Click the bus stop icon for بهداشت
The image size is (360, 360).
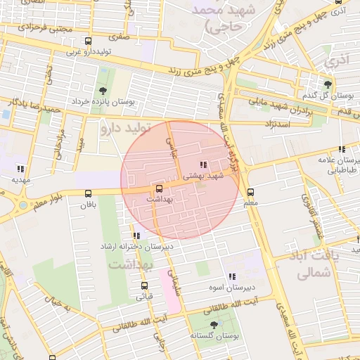pos(159,188)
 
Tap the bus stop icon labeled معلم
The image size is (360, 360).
pos(250,192)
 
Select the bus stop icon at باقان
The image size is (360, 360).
pos(87,195)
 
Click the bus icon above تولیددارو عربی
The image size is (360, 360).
pos(87,41)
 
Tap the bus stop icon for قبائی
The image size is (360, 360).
pos(145,285)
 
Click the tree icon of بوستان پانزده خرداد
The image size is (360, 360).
pos(103,91)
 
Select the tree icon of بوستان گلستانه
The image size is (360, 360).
pos(214,325)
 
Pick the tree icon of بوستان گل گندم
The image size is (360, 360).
pos(326,84)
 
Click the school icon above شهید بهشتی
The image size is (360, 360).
pos(203,165)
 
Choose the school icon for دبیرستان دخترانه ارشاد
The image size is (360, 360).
pos(136,236)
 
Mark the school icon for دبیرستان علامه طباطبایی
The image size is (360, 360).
pos(342,149)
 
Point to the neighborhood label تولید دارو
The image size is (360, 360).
pos(127,129)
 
